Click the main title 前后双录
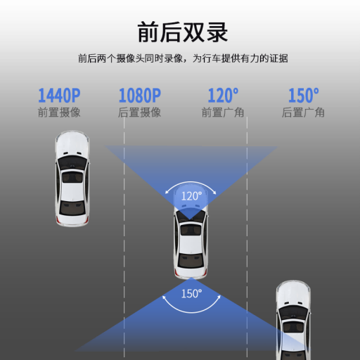(x=183, y=32)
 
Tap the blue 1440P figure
(x=59, y=96)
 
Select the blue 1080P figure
(x=140, y=96)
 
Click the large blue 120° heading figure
(x=223, y=96)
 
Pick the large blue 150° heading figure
(x=304, y=96)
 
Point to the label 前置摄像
(x=59, y=112)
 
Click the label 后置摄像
(x=139, y=112)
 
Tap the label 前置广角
(x=223, y=112)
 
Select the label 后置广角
(x=303, y=112)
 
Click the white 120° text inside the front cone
(x=191, y=196)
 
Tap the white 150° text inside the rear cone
(x=191, y=293)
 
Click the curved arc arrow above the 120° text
(x=191, y=183)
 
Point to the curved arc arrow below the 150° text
(x=191, y=312)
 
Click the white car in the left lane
(x=72, y=179)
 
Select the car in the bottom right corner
(x=293, y=320)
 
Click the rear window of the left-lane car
(x=72, y=208)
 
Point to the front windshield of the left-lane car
(x=72, y=162)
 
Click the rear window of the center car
(x=191, y=261)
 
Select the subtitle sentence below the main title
(x=183, y=58)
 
